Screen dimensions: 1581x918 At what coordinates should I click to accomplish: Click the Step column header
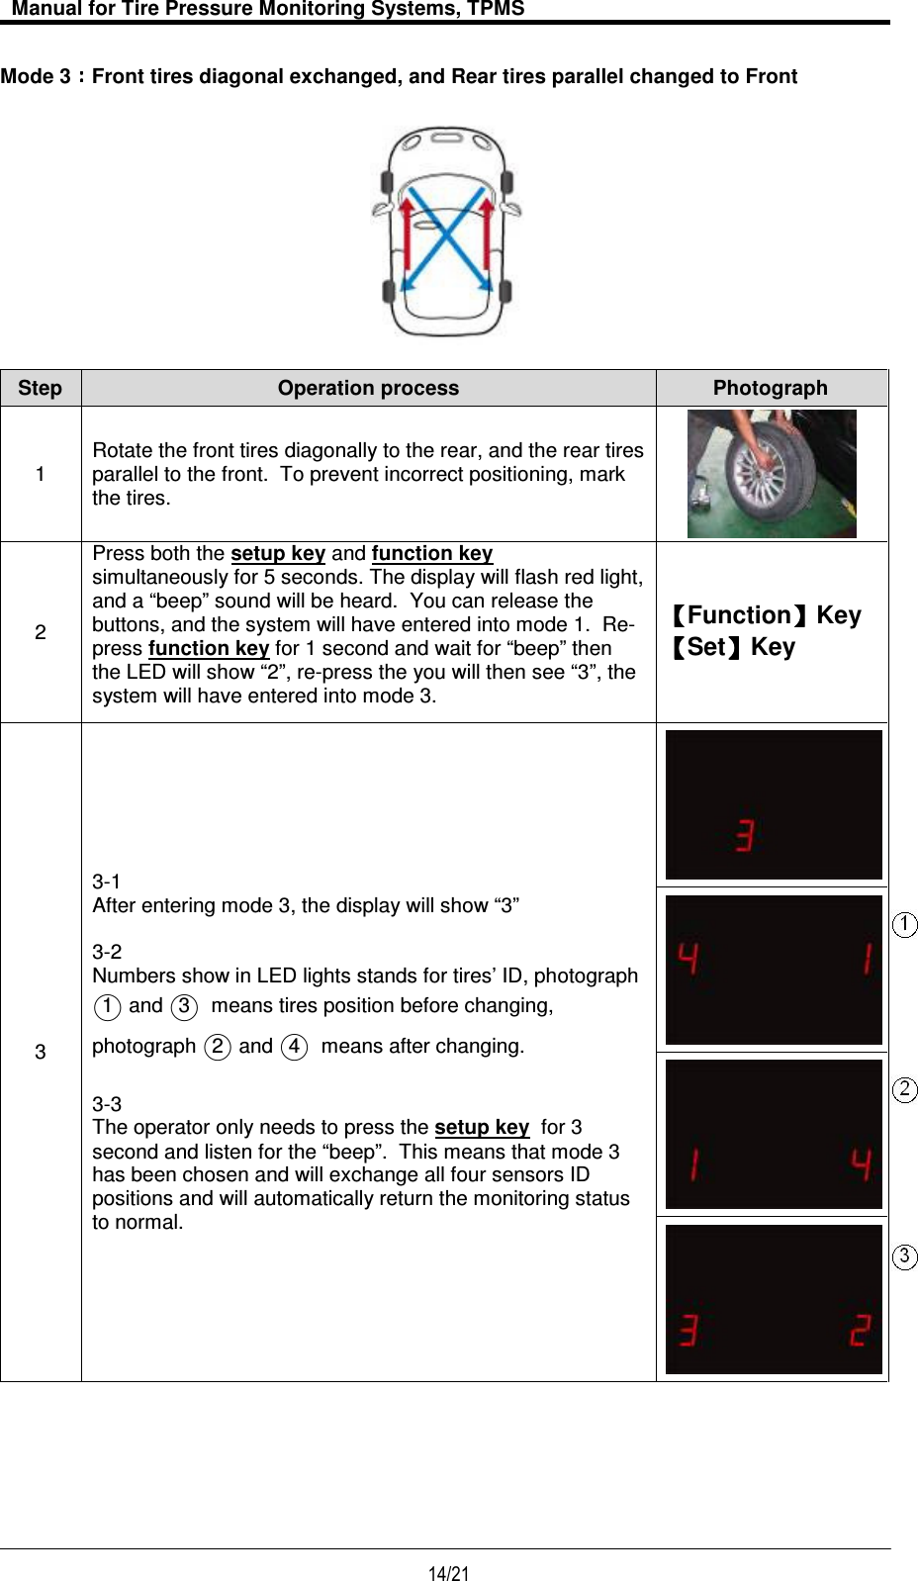[x=40, y=388]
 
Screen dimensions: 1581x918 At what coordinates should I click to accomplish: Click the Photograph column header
[x=770, y=388]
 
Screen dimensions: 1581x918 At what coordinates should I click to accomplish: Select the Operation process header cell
[x=368, y=388]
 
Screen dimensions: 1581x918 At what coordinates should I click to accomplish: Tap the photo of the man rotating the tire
[x=772, y=474]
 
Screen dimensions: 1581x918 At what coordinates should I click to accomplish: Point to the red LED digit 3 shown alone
[x=745, y=836]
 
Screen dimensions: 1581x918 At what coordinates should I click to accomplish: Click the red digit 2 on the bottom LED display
[x=861, y=1331]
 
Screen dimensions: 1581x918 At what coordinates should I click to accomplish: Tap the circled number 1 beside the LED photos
[x=904, y=924]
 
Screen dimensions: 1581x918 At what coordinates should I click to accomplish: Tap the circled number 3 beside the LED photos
[x=904, y=1256]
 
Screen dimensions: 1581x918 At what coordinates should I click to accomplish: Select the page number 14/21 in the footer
[x=448, y=1573]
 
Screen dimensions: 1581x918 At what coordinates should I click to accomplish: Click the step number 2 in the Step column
[x=40, y=632]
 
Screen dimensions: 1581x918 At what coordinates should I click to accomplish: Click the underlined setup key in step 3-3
[x=482, y=1127]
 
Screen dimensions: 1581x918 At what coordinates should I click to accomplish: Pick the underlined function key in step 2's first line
[x=432, y=553]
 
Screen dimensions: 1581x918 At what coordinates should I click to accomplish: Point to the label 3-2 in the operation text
[x=107, y=952]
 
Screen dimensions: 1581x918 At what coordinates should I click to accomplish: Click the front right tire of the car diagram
[x=507, y=182]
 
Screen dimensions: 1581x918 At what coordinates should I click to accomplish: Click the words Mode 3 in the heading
[x=36, y=76]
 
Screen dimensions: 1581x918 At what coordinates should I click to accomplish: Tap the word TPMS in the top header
[x=496, y=9]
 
